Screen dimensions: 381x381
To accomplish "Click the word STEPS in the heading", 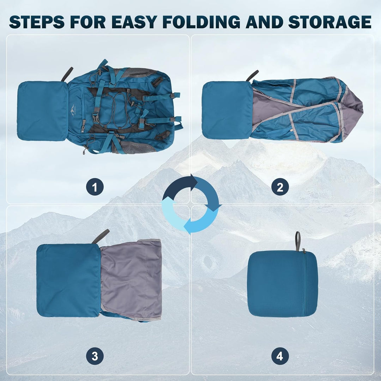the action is click(37, 22).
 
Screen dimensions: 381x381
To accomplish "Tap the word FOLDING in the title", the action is click(201, 22).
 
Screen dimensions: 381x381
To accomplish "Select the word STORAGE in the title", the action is click(330, 22).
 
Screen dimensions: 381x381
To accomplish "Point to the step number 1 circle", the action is click(95, 187).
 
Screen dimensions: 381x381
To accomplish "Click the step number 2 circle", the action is click(280, 187).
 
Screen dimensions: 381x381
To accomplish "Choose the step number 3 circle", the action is click(95, 356).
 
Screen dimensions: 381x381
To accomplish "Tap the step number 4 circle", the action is click(280, 356).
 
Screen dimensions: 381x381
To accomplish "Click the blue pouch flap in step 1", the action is click(43, 111).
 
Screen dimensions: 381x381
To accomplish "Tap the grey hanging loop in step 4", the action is click(298, 241).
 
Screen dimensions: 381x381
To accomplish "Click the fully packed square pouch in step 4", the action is click(282, 284).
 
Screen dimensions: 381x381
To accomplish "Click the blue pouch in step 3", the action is click(68, 280).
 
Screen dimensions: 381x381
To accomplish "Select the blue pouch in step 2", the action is click(227, 110).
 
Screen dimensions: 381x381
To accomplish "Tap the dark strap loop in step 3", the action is click(101, 236).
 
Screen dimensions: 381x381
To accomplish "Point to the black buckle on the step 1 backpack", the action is click(96, 118).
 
